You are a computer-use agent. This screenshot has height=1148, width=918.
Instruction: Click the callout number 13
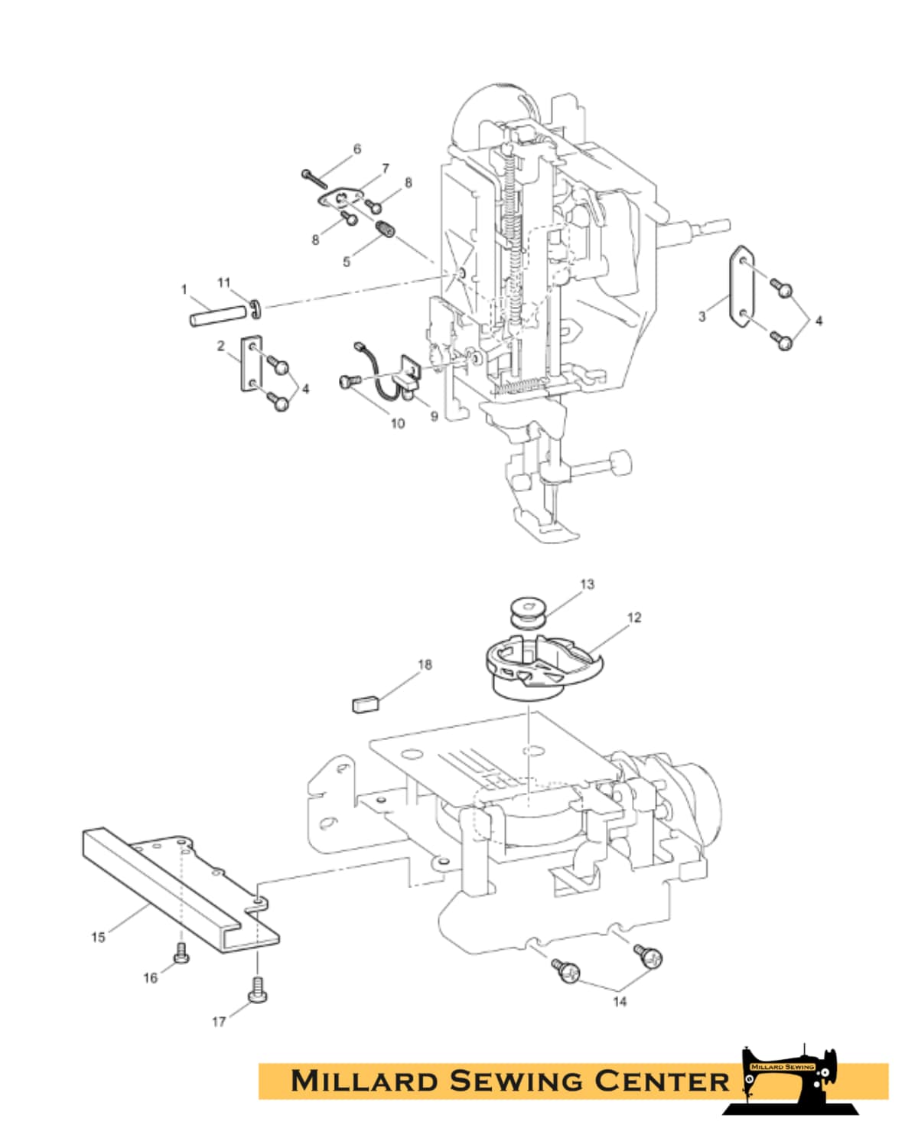587,585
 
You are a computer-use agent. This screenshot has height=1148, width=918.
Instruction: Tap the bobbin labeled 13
526,614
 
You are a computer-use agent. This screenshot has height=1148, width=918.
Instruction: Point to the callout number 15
98,938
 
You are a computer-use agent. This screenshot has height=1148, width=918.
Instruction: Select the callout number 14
620,1002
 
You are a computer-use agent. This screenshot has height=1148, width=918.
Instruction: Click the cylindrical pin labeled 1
217,315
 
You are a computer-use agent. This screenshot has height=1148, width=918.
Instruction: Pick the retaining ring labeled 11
255,309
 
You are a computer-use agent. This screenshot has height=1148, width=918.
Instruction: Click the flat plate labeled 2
251,364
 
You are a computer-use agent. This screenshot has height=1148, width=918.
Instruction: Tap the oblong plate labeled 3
742,286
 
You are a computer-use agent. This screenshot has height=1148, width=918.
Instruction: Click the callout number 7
385,168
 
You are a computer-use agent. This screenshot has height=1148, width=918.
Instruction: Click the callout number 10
398,423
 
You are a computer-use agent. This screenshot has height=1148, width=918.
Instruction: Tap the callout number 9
435,416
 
